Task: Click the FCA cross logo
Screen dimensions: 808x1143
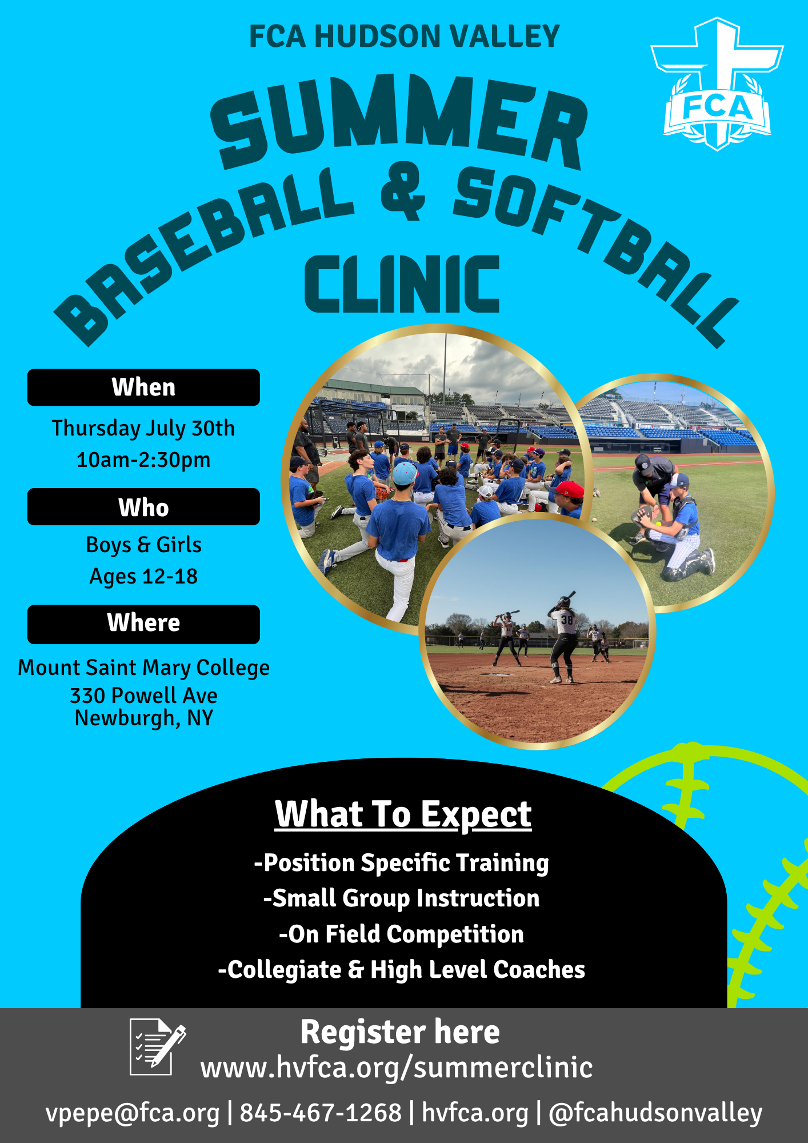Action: [x=717, y=85]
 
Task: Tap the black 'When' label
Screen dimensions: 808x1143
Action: [x=143, y=387]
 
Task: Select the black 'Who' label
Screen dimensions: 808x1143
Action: [x=143, y=507]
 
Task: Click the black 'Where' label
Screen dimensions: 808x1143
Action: [x=143, y=624]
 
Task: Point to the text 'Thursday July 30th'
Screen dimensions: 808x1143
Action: [x=143, y=428]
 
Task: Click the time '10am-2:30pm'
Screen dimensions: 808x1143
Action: [x=143, y=459]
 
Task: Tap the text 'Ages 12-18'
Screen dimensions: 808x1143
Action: [x=143, y=577]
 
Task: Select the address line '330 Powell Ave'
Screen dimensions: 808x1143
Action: [x=143, y=696]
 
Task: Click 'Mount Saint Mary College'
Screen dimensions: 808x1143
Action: [x=143, y=668]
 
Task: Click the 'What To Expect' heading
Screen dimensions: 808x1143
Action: [x=403, y=814]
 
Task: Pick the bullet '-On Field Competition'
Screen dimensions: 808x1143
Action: [x=401, y=934]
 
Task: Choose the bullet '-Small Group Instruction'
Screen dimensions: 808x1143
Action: [x=401, y=898]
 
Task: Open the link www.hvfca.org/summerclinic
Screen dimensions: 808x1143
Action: [x=397, y=1068]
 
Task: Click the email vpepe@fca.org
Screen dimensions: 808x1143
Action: [x=133, y=1113]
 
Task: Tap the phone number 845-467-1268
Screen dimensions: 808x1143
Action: [x=321, y=1113]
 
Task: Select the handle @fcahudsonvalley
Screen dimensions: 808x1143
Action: [x=655, y=1113]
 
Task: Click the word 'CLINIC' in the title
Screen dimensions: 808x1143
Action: [x=402, y=284]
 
